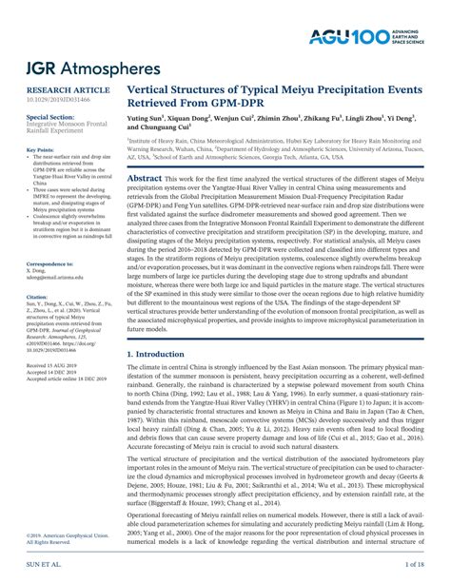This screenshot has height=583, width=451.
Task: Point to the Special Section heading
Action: pyautogui.click(x=49, y=116)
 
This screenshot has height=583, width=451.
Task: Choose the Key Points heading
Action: pyautogui.click(x=40, y=150)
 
